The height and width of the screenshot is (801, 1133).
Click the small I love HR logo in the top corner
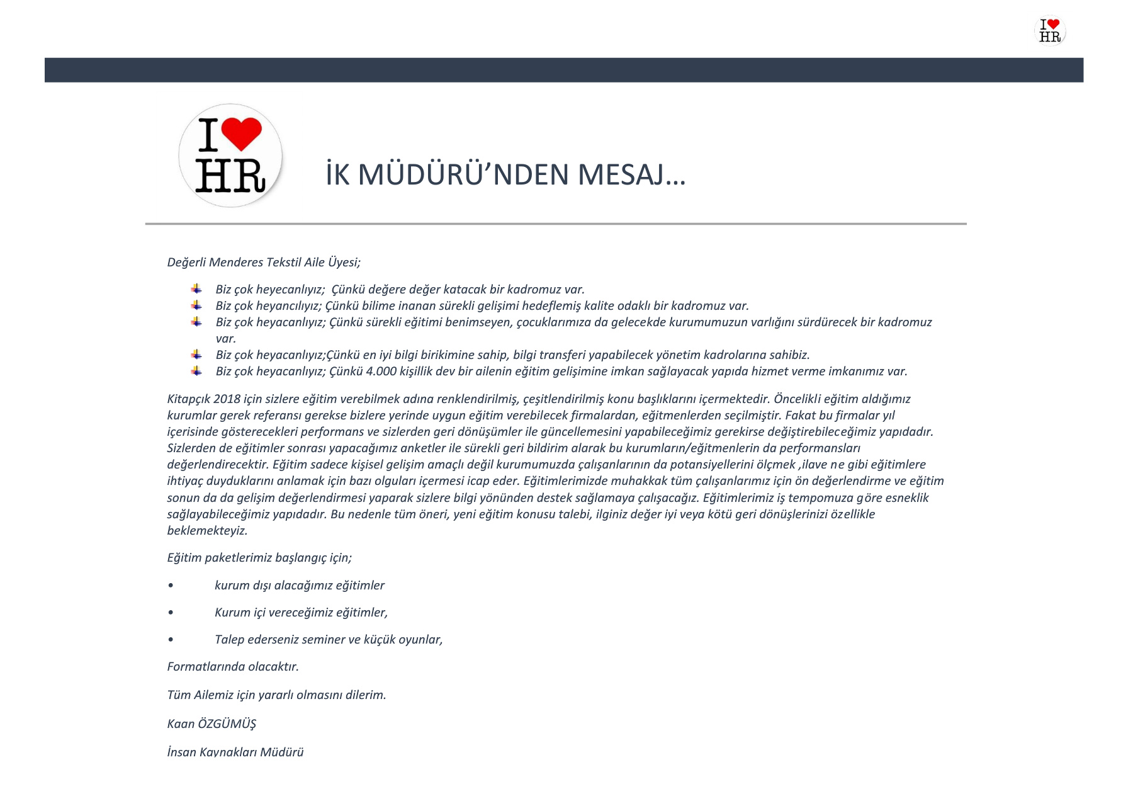(1050, 30)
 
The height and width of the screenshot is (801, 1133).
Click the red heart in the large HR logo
(241, 132)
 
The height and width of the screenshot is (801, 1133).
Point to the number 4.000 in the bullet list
(381, 372)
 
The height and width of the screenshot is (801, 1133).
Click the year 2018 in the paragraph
(227, 399)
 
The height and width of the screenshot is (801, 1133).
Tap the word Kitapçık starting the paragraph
(188, 399)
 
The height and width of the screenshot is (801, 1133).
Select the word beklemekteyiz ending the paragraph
(207, 531)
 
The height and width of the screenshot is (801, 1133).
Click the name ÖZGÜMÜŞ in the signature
(227, 724)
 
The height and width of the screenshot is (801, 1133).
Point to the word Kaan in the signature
(181, 724)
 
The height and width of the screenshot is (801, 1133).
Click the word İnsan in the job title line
(181, 753)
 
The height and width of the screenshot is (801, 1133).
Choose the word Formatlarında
(205, 667)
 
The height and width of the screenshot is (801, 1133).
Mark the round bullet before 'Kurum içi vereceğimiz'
(171, 613)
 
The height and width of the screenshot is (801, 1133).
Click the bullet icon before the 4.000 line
(197, 371)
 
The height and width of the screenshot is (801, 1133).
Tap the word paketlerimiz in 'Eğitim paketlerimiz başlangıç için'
(239, 558)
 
